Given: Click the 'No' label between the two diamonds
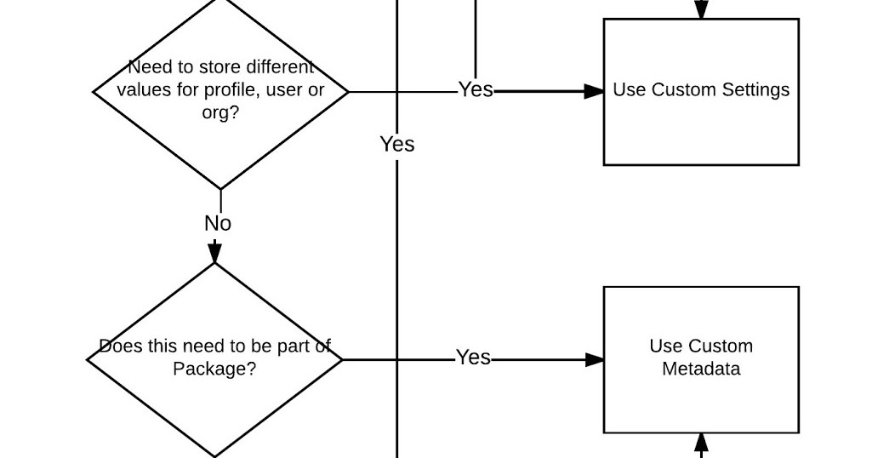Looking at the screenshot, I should point(218,224).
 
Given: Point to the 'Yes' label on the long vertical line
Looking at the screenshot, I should point(397,145).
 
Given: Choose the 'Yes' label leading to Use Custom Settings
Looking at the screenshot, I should point(476,90).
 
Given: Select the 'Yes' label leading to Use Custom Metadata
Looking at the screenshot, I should point(473,358).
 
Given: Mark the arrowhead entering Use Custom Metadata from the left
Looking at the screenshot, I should point(595,360).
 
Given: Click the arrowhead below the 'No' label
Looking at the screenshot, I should point(215,252).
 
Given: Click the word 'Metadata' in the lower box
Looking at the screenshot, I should point(701,369).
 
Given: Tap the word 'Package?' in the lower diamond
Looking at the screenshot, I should point(214,369).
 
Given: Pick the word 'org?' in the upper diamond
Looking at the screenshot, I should point(220,112).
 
